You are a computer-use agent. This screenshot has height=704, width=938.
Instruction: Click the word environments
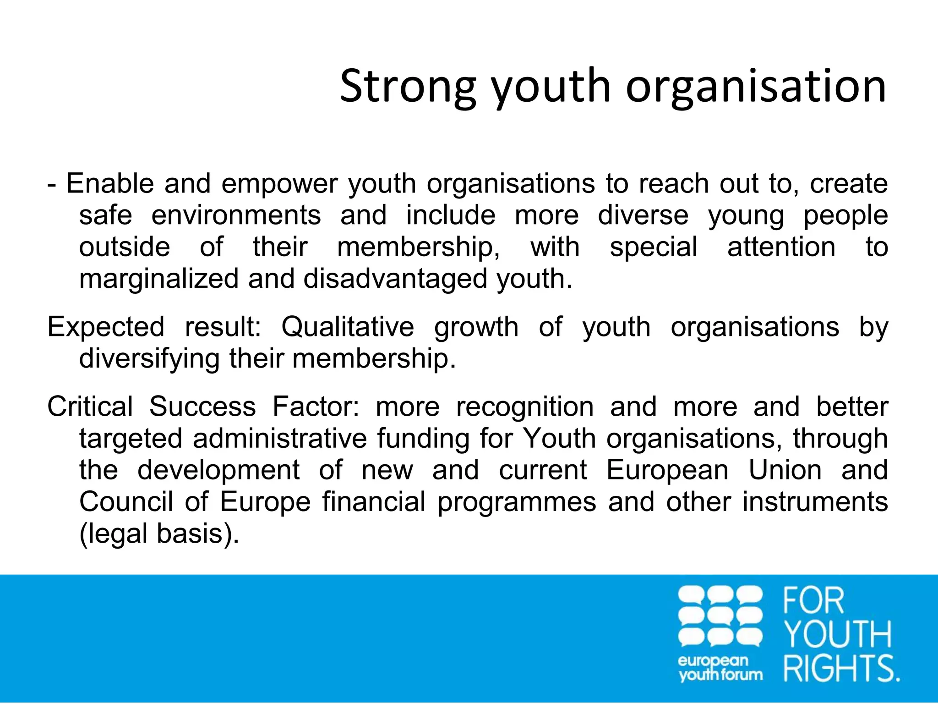[236, 215]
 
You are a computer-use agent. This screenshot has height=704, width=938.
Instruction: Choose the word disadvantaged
[395, 279]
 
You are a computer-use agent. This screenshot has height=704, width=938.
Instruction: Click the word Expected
[106, 327]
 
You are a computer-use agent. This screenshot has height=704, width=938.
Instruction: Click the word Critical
[90, 407]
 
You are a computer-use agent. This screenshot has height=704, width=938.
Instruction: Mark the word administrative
[280, 439]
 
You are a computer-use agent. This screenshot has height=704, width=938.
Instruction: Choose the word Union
[785, 470]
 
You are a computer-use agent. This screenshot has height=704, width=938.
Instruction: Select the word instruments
[815, 502]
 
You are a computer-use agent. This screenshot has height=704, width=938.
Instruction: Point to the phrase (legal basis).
[159, 534]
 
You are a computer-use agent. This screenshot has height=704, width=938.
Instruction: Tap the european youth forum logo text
[720, 668]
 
